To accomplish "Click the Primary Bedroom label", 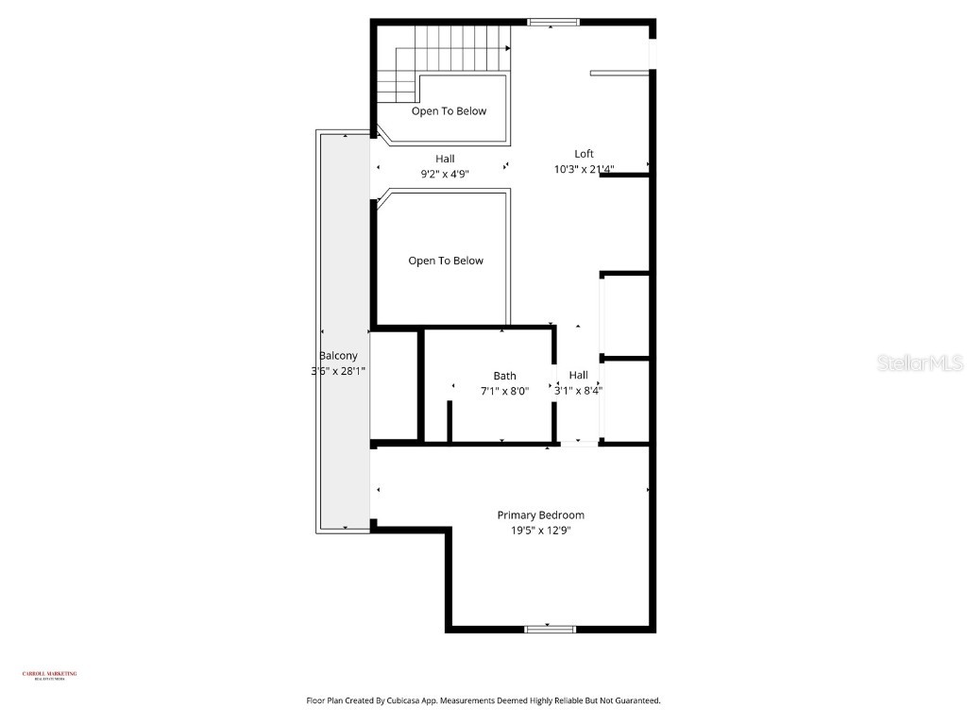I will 540,515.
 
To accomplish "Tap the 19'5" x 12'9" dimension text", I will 540,531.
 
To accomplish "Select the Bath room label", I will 504,376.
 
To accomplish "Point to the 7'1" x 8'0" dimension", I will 504,391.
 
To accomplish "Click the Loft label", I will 585,154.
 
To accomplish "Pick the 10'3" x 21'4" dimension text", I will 585,170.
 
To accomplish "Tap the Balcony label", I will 338,356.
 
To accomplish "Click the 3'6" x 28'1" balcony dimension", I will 331,371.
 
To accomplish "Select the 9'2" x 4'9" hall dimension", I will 445,174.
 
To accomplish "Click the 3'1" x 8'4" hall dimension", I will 579,391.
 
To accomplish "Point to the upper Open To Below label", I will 449,111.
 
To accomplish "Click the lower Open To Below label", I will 446,261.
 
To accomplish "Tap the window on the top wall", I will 554,22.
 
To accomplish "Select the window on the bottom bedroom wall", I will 550,629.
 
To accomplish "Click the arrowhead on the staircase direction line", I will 507,48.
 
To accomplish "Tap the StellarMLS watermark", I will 920,363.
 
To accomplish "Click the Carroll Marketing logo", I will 49,675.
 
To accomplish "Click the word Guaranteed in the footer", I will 635,701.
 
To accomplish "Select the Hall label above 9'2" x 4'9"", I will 445,159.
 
